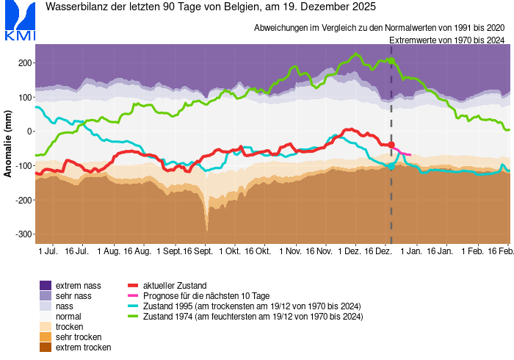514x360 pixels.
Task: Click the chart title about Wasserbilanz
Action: (x=211, y=8)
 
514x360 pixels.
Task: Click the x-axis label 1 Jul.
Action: (x=48, y=251)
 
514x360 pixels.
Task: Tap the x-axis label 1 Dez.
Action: (x=351, y=251)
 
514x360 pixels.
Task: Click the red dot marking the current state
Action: (x=391, y=145)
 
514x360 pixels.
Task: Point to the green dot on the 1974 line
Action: (x=391, y=60)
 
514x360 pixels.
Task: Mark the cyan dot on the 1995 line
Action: (x=391, y=167)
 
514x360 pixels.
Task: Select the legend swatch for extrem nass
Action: (x=46, y=285)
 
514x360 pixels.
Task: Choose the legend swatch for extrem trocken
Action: (x=46, y=347)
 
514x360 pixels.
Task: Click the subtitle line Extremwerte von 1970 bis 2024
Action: (x=446, y=40)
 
